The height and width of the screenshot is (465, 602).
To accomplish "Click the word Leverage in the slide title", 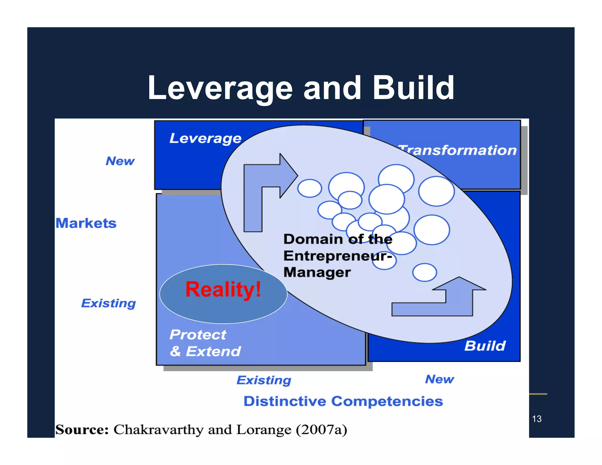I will click(220, 88).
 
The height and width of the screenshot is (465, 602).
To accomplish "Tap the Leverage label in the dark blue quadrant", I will click(205, 138).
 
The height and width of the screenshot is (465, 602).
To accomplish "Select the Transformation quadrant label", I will click(457, 150).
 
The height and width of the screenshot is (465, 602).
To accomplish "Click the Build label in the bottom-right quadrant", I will click(485, 346).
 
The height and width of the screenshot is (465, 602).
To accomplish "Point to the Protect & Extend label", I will click(205, 343).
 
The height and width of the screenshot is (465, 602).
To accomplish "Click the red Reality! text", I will click(223, 290).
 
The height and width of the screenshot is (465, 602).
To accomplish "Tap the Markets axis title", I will click(86, 223).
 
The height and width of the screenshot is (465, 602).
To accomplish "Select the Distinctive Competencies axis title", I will click(343, 401).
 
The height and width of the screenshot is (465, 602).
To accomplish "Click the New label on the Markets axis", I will click(120, 161).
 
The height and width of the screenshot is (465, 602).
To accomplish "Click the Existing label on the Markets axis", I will click(108, 303).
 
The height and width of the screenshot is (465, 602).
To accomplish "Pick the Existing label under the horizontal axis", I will click(264, 380).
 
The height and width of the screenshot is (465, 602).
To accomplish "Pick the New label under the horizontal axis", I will click(439, 379).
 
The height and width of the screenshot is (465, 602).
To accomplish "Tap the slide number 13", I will click(537, 419).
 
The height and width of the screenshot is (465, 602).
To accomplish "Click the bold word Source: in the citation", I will click(82, 430).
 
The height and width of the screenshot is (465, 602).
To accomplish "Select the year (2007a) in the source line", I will click(321, 430).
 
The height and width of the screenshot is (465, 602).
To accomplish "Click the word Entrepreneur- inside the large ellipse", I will click(337, 256).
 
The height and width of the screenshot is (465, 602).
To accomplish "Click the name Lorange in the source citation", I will click(264, 430).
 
